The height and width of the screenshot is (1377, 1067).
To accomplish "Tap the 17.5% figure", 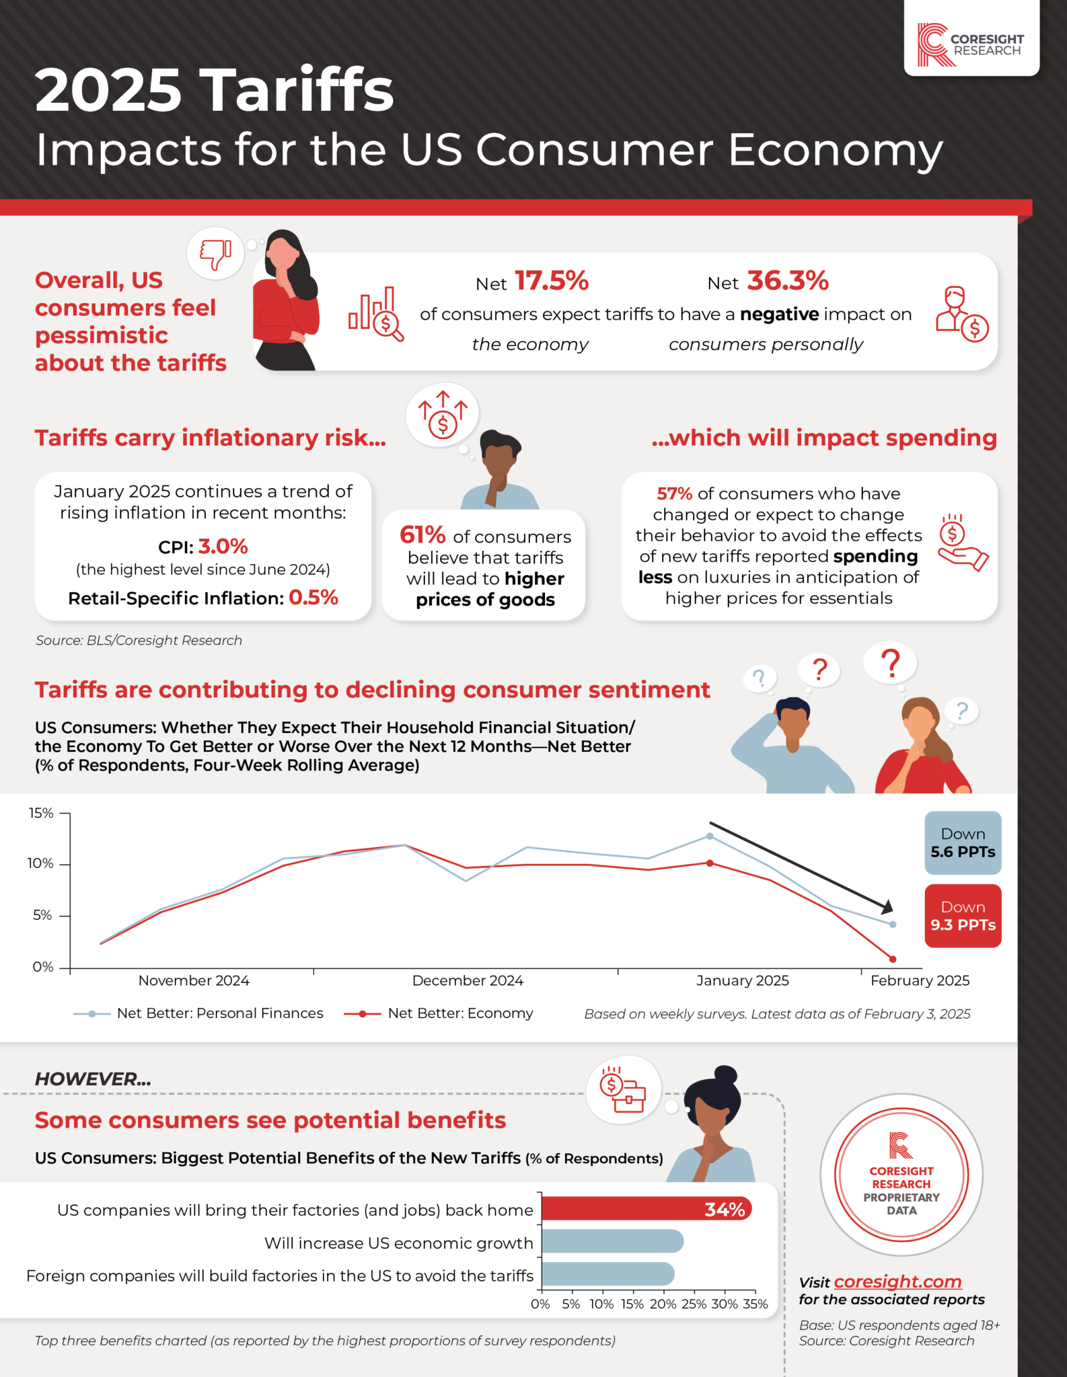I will pyautogui.click(x=552, y=281).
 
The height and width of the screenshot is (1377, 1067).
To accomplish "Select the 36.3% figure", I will pyautogui.click(x=787, y=281).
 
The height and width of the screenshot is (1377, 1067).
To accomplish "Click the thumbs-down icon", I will pyautogui.click(x=215, y=254).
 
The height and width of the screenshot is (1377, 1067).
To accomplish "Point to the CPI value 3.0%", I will pyautogui.click(x=223, y=546).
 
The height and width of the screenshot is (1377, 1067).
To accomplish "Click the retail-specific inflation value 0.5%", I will pyautogui.click(x=313, y=597).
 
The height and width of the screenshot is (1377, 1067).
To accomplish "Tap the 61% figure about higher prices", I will pyautogui.click(x=422, y=535).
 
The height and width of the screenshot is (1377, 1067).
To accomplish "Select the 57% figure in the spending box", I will pyautogui.click(x=674, y=494).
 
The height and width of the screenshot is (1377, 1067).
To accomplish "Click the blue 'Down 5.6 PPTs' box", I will pyautogui.click(x=962, y=842).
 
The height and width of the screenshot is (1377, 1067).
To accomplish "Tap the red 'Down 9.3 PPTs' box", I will pyautogui.click(x=962, y=916).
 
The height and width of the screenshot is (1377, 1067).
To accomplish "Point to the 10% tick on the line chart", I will pyautogui.click(x=40, y=863).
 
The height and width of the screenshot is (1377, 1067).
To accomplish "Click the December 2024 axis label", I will pyautogui.click(x=468, y=980).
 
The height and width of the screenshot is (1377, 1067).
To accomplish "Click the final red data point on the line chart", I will pyautogui.click(x=893, y=959).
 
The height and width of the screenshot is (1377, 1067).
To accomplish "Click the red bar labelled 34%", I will pyautogui.click(x=646, y=1209).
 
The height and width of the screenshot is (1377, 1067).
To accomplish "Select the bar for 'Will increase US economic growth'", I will pyautogui.click(x=612, y=1241).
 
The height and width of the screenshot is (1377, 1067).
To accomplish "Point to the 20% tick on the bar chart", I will pyautogui.click(x=663, y=1304).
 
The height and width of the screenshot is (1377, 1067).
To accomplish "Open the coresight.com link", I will pyautogui.click(x=897, y=1282).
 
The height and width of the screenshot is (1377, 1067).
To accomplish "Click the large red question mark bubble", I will pyautogui.click(x=891, y=663).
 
